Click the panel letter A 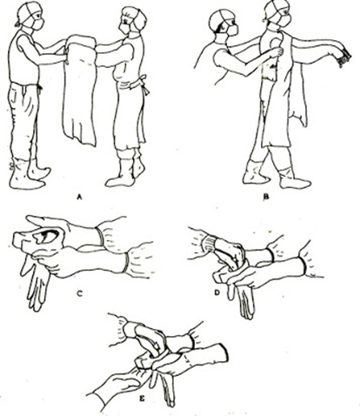(x=78, y=198)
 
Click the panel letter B (x=265, y=198)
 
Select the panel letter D (x=217, y=293)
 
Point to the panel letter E (x=142, y=399)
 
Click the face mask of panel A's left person (x=37, y=23)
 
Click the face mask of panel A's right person (x=125, y=29)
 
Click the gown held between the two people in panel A (x=80, y=87)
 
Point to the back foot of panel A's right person (x=138, y=166)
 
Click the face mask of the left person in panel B (x=233, y=30)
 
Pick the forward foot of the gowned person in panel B (x=294, y=179)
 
